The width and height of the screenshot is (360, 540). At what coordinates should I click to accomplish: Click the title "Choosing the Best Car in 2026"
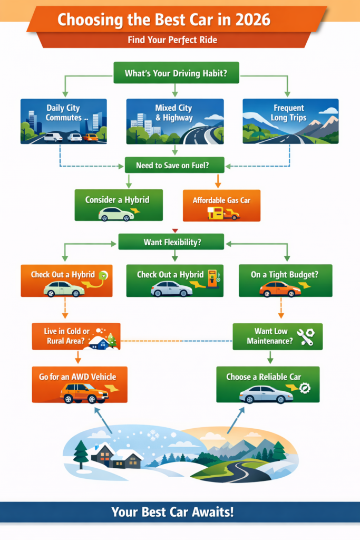[x=163, y=20]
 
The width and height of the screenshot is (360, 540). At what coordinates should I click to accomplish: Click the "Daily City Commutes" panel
[x=63, y=121]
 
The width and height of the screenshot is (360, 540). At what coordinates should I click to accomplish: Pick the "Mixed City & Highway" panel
[x=174, y=121]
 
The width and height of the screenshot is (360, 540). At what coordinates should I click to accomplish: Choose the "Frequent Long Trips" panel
[x=290, y=121]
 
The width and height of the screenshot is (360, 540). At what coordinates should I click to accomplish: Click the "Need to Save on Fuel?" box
[x=174, y=165]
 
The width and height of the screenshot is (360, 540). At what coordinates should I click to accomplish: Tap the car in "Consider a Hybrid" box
[x=116, y=214]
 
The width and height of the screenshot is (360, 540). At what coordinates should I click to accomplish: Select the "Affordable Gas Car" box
[x=221, y=205]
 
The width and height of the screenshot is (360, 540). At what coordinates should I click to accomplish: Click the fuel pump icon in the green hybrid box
[x=212, y=278]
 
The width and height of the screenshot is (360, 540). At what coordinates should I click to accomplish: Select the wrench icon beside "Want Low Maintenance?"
[x=305, y=337]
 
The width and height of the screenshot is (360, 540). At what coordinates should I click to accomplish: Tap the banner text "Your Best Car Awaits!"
[x=180, y=512]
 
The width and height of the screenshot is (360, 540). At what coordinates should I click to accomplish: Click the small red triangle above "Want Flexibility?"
[x=175, y=230]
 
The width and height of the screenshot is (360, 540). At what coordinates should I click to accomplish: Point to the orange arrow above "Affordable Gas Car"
[x=218, y=182]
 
